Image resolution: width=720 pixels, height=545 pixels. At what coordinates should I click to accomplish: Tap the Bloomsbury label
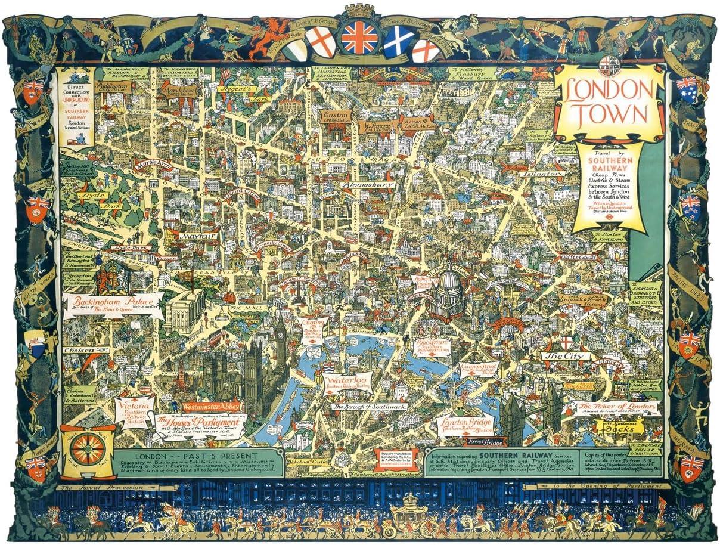368,185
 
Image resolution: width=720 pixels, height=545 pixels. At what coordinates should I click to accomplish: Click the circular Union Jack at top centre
359,38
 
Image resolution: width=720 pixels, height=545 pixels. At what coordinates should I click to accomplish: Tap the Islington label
543,174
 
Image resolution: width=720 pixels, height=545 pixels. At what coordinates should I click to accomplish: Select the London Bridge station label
466,423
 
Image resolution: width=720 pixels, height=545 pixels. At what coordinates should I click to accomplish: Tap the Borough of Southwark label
369,406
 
